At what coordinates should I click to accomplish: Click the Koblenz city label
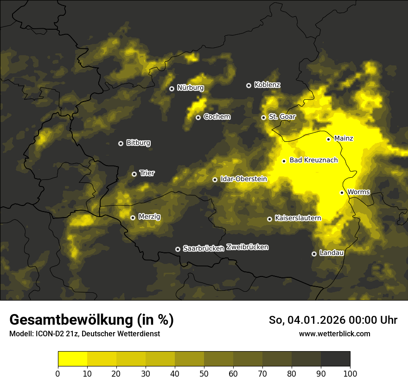point(267,85)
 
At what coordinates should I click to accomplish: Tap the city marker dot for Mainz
point(328,139)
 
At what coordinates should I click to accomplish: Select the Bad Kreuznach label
point(313,160)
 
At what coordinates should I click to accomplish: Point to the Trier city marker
point(134,174)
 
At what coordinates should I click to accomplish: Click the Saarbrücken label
point(204,249)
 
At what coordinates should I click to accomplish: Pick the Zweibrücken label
point(247,247)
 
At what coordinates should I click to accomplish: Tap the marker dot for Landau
point(314,254)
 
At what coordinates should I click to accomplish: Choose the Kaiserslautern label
point(298,218)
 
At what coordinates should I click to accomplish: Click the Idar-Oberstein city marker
point(215,180)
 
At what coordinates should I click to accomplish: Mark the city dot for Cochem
point(198,117)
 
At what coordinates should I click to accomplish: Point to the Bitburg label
point(138,143)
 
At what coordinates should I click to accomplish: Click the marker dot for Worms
point(342,192)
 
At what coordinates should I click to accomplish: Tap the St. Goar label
point(282,117)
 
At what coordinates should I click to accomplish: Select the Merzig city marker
point(133,218)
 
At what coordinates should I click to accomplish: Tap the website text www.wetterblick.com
point(334,334)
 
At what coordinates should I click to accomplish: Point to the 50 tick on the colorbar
point(204,374)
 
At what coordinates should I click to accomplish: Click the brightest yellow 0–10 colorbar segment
point(72,359)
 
